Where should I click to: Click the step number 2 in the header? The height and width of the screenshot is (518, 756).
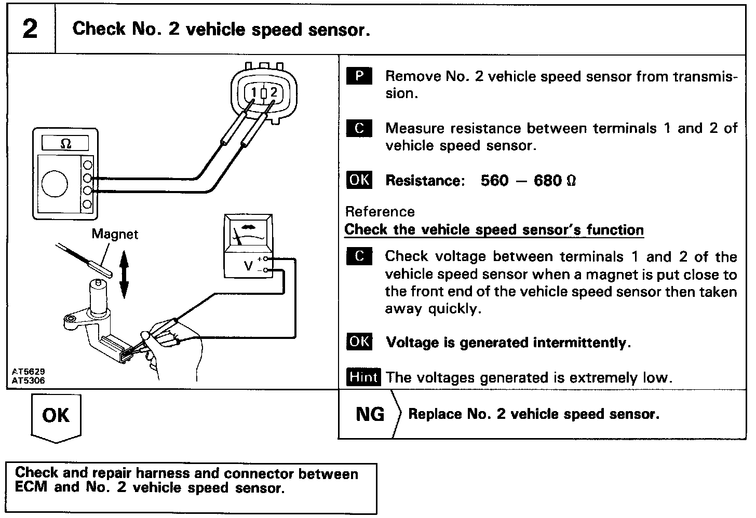[30, 29]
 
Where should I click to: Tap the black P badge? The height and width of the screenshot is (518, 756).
[359, 76]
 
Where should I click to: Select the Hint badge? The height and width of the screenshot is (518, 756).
[362, 377]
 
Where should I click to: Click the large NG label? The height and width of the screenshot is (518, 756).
[370, 414]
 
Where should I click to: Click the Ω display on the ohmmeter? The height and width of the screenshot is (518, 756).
[66, 143]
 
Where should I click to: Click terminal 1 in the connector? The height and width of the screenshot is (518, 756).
[254, 93]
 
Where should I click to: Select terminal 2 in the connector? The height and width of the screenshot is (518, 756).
[273, 93]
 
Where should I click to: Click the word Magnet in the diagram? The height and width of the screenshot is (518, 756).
[115, 234]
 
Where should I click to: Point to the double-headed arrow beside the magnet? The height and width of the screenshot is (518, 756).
[124, 276]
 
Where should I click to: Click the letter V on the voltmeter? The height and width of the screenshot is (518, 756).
[248, 266]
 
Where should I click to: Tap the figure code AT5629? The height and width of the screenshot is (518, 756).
[29, 372]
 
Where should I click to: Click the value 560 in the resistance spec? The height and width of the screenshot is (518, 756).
[494, 181]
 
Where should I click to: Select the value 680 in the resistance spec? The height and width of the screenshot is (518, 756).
[547, 181]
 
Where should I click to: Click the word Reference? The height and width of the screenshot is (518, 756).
[380, 212]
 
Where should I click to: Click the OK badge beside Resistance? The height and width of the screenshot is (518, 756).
[359, 180]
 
